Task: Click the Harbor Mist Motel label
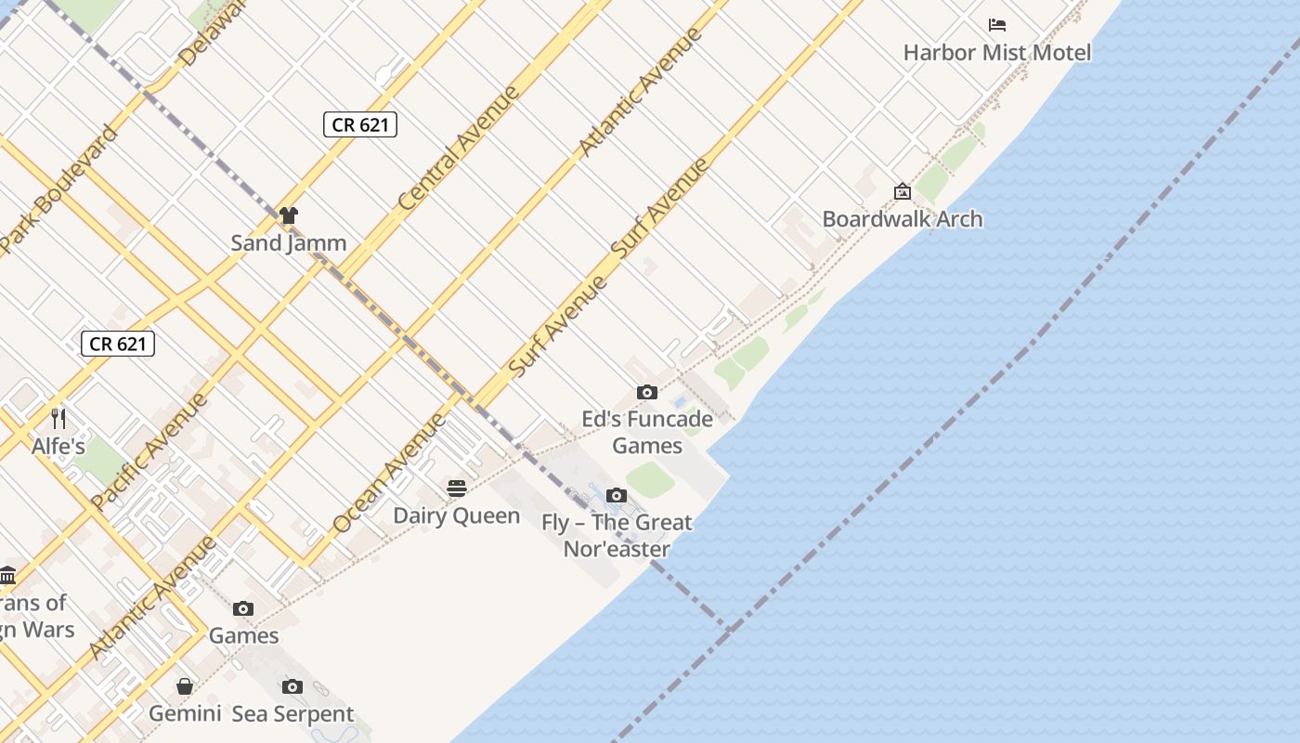pyautogui.click(x=997, y=53)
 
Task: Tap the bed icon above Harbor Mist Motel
pyautogui.click(x=997, y=25)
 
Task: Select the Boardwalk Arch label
pyautogui.click(x=902, y=219)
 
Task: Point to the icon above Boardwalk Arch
pyautogui.click(x=902, y=192)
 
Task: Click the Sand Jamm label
pyautogui.click(x=288, y=243)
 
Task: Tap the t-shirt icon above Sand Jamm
pyautogui.click(x=288, y=216)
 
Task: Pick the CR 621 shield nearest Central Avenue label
pyautogui.click(x=360, y=124)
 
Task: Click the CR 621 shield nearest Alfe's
pyautogui.click(x=117, y=344)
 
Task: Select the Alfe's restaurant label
pyautogui.click(x=58, y=447)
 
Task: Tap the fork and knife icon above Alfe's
pyautogui.click(x=58, y=418)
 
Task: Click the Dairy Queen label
pyautogui.click(x=456, y=515)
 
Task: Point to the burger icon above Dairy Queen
pyautogui.click(x=456, y=489)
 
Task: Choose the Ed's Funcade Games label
pyautogui.click(x=647, y=432)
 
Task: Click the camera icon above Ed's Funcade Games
pyautogui.click(x=647, y=393)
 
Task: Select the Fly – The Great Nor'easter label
pyautogui.click(x=617, y=536)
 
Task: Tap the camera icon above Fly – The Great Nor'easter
pyautogui.click(x=616, y=496)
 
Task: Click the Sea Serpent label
pyautogui.click(x=292, y=714)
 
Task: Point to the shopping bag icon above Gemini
pyautogui.click(x=185, y=686)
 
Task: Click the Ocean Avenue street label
pyautogui.click(x=389, y=474)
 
